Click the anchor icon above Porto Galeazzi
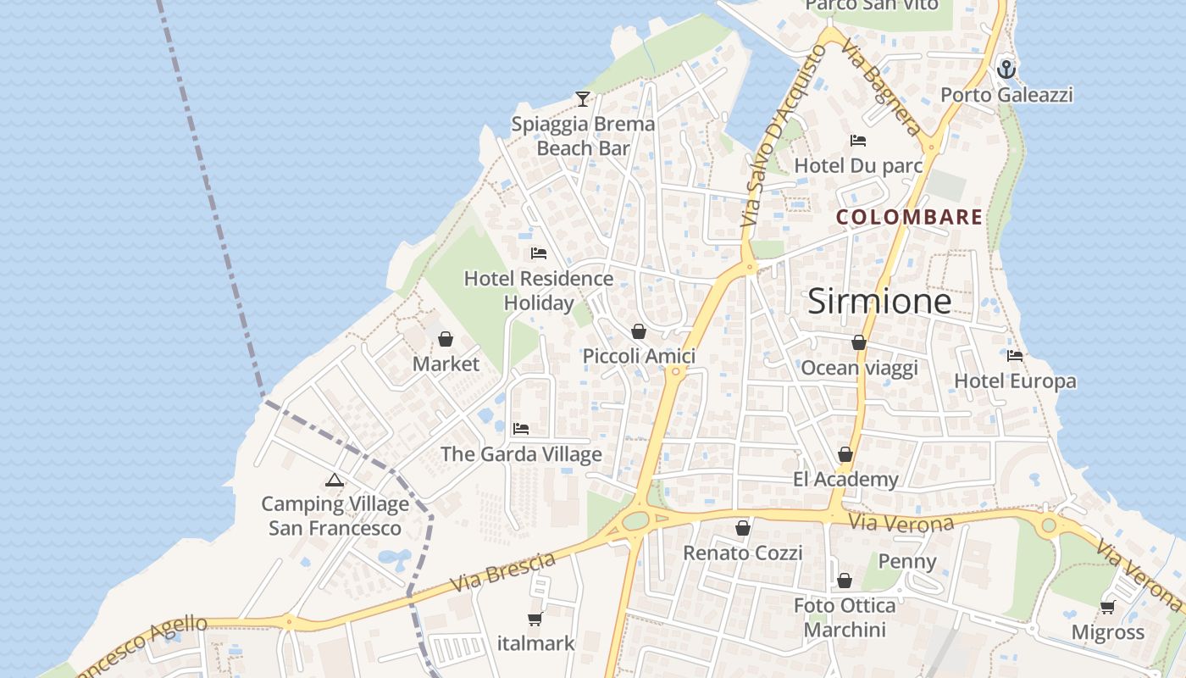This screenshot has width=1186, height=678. pyautogui.click(x=1006, y=69)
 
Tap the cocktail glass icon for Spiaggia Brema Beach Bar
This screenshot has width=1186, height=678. pyautogui.click(x=582, y=99)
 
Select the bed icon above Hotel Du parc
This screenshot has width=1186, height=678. pyautogui.click(x=858, y=141)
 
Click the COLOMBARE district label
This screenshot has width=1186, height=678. pyautogui.click(x=909, y=217)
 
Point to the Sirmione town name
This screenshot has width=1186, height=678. pyautogui.click(x=879, y=301)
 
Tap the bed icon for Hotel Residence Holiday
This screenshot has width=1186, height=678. pyautogui.click(x=538, y=253)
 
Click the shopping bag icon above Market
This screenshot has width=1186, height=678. pyautogui.click(x=446, y=339)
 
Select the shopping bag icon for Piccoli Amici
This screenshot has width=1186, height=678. pyautogui.click(x=639, y=331)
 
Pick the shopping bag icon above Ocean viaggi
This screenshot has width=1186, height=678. pyautogui.click(x=859, y=342)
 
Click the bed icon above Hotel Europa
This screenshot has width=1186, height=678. pyautogui.click(x=1015, y=356)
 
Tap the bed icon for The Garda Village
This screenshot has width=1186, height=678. pyautogui.click(x=521, y=429)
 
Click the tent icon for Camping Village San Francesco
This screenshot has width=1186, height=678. pyautogui.click(x=335, y=480)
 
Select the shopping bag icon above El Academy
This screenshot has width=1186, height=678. pyautogui.click(x=845, y=455)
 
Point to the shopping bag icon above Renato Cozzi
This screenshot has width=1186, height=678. pyautogui.click(x=743, y=528)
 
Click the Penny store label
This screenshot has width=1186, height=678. pyautogui.click(x=907, y=561)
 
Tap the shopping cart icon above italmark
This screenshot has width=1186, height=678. pyautogui.click(x=535, y=619)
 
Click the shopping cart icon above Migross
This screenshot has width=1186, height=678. pyautogui.click(x=1107, y=607)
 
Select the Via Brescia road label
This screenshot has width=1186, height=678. pyautogui.click(x=503, y=572)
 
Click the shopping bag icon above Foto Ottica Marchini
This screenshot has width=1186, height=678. pyautogui.click(x=845, y=581)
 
